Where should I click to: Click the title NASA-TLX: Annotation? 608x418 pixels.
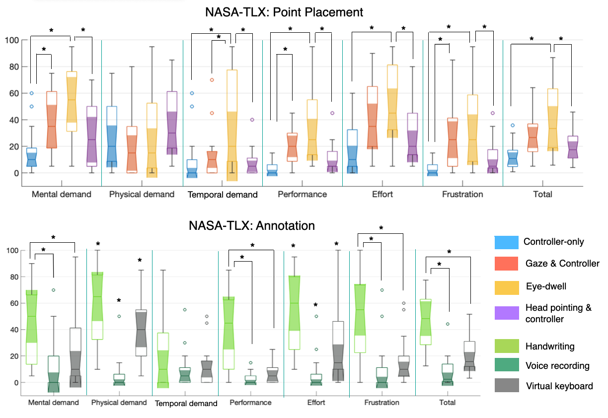click(x=252, y=226)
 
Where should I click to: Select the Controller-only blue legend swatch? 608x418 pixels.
click(x=506, y=242)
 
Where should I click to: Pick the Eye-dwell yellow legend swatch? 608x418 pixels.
click(x=506, y=286)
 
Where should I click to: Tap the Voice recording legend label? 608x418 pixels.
click(x=557, y=366)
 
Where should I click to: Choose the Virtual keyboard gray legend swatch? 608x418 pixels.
click(x=506, y=386)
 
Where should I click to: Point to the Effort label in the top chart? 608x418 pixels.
click(x=382, y=194)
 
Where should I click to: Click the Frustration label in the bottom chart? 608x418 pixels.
click(x=382, y=403)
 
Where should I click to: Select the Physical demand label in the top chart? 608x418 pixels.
click(x=142, y=194)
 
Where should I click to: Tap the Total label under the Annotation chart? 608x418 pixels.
click(x=447, y=403)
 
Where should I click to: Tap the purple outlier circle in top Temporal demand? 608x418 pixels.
click(x=252, y=120)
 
